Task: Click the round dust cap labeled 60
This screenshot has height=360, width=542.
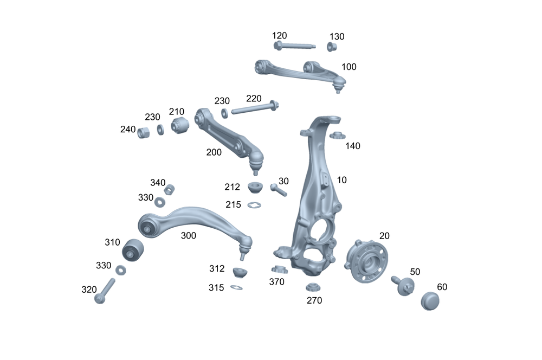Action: click(430, 301)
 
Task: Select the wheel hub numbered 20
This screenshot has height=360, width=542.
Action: click(367, 261)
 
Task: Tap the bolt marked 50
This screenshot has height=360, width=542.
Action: click(403, 285)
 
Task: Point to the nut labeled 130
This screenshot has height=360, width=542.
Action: click(332, 47)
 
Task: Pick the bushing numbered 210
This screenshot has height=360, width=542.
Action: click(180, 126)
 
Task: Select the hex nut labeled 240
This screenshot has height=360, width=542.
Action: click(144, 132)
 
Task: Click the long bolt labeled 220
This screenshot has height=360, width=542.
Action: click(255, 107)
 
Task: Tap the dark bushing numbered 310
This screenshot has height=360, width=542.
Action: click(133, 250)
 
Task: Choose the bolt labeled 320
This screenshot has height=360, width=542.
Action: click(104, 291)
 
